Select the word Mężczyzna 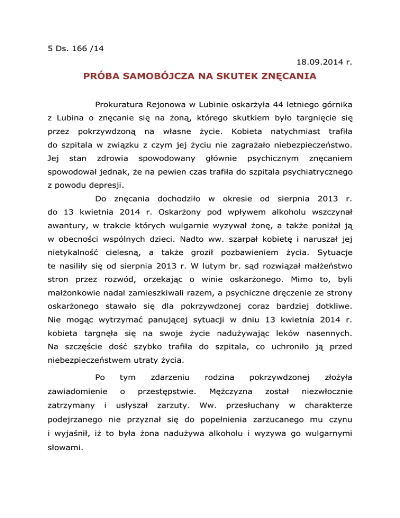tap(230, 391)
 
